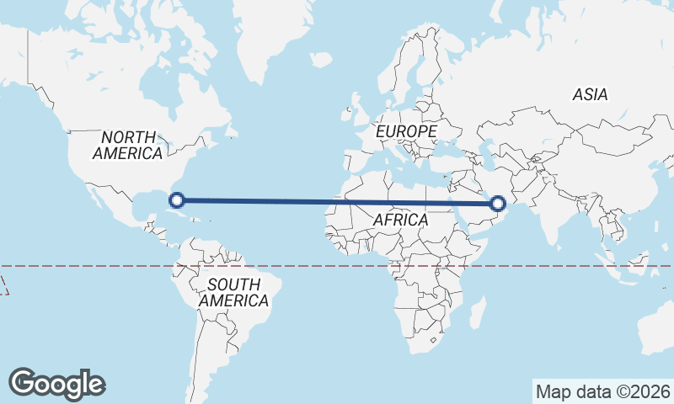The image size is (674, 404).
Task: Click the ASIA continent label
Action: [590, 95]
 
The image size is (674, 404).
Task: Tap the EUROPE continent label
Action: [406, 132]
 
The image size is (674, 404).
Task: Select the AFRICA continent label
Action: [401, 220]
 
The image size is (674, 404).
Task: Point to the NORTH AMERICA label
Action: [128, 146]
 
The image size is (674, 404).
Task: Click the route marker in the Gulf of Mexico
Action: [177, 199]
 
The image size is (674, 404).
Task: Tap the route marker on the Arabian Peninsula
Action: [498, 203]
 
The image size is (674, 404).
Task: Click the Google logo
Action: [56, 383]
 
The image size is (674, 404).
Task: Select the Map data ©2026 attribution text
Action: [602, 391]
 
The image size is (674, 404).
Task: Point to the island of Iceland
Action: [320, 60]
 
